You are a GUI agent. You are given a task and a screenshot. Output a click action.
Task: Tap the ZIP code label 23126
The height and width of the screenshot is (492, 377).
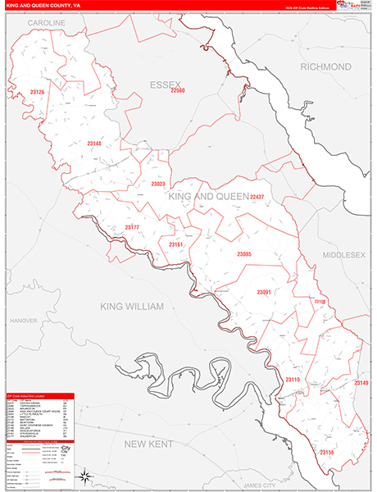tap(36, 92)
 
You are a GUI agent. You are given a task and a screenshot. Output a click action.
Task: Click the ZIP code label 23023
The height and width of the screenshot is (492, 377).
tap(158, 184)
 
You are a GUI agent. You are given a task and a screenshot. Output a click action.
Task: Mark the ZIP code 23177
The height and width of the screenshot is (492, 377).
tap(132, 227)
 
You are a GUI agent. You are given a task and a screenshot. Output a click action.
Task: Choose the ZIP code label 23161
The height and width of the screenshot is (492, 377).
tap(175, 244)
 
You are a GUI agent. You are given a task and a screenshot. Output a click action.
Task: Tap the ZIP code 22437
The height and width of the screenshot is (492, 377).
tap(257, 198)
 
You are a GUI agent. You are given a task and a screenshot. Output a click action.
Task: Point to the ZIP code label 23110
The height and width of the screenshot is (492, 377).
tap(293, 380)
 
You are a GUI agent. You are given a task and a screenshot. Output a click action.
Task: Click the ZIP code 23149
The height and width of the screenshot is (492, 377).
tap(361, 383)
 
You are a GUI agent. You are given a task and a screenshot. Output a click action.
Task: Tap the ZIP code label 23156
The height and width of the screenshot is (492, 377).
tap(327, 452)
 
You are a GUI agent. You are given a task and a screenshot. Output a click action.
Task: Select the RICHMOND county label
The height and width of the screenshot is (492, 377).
tap(325, 66)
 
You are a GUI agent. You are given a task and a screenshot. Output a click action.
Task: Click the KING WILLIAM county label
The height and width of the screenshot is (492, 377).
tap(132, 306)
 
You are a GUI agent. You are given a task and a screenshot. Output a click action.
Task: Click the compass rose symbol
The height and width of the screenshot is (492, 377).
tap(84, 476)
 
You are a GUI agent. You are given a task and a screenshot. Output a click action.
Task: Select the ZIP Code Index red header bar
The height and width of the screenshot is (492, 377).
tap(39, 395)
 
